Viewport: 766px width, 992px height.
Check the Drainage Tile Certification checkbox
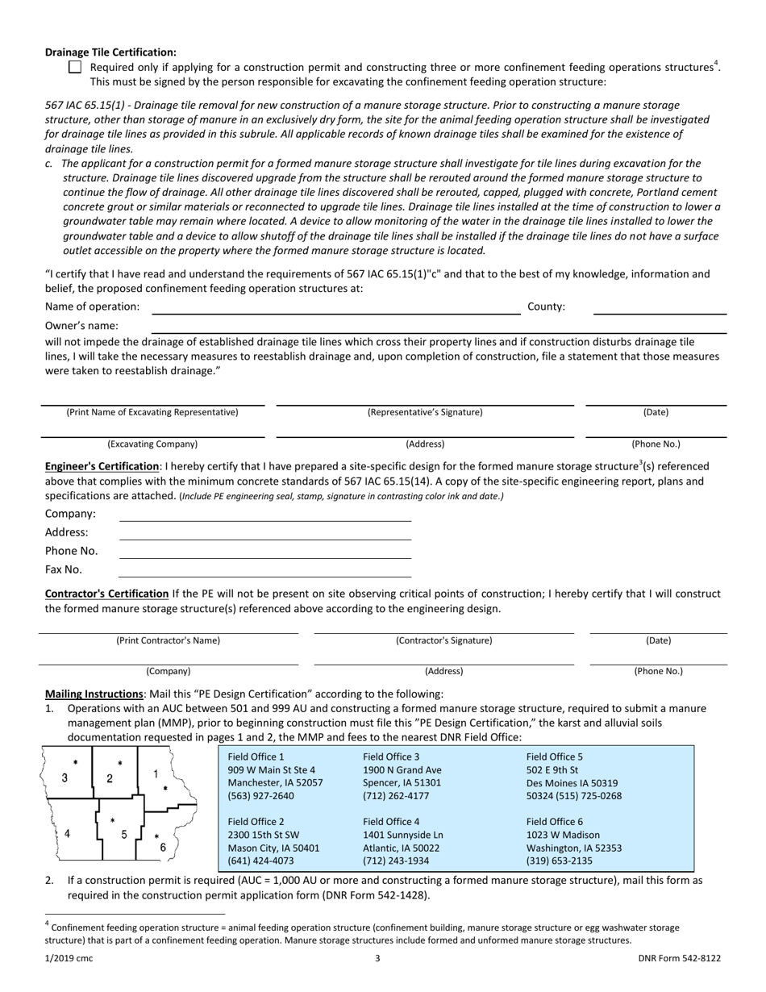click(x=75, y=68)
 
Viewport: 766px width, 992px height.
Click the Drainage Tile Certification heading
click(x=110, y=52)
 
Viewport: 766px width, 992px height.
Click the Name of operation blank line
click(x=335, y=307)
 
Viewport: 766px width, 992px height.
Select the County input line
click(x=660, y=307)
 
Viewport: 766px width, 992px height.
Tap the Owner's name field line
click(x=439, y=327)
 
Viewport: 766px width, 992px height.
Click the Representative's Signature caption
click(x=425, y=412)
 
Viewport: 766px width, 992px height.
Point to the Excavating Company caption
click(x=152, y=444)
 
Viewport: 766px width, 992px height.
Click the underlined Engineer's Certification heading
click(x=102, y=466)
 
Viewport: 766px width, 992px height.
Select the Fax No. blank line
click(x=264, y=570)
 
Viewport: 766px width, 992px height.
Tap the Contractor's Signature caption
click(x=443, y=641)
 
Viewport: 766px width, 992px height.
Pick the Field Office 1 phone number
click(x=261, y=796)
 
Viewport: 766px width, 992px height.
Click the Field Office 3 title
click(x=391, y=757)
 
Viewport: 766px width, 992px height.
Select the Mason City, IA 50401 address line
click(x=273, y=848)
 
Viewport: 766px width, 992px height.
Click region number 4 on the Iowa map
click(x=67, y=834)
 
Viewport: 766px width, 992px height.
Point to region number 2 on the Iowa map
click(x=110, y=778)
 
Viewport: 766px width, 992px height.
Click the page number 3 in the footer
click(x=377, y=958)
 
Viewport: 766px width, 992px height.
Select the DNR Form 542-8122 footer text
click(x=679, y=958)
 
